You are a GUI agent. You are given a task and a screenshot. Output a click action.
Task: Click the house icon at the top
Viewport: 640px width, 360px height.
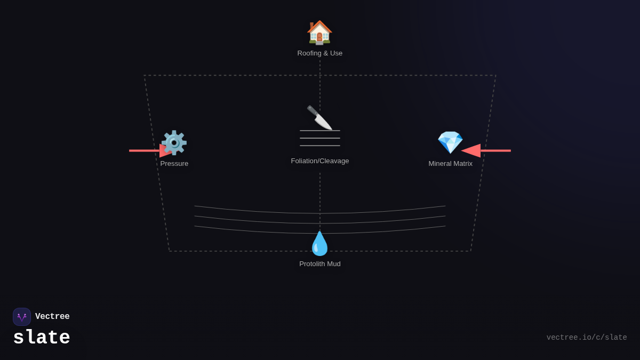(319, 33)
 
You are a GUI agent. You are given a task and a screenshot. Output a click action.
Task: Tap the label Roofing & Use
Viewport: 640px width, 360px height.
(319, 53)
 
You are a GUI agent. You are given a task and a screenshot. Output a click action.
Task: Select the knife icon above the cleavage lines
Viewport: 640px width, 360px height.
(319, 117)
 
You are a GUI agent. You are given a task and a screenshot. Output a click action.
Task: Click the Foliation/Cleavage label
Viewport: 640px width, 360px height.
(319, 161)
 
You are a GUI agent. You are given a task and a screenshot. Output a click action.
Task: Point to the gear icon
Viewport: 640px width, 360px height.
(174, 142)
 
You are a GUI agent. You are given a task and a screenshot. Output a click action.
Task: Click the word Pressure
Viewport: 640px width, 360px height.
(174, 163)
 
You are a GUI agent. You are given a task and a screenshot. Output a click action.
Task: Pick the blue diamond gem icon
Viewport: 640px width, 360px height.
(450, 142)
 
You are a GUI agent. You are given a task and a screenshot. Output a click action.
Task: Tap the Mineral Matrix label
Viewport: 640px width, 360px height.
(450, 163)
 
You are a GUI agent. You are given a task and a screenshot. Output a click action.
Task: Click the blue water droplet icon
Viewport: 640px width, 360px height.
(319, 244)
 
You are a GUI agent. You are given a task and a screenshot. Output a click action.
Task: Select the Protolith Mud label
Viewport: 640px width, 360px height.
(319, 263)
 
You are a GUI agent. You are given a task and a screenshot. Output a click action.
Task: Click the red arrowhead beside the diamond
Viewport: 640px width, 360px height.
(471, 150)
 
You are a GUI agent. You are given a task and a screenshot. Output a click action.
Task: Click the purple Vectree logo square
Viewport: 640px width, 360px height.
(22, 317)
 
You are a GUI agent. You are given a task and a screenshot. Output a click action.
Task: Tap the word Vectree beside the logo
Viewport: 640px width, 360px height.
(52, 316)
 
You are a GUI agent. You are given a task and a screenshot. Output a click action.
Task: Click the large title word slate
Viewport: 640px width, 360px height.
(42, 337)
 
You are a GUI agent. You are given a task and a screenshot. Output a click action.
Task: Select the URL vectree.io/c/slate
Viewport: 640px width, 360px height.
(587, 338)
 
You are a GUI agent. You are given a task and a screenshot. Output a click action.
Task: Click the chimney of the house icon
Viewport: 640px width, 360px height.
(311, 26)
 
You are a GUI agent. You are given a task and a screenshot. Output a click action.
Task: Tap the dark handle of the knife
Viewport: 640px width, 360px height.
(313, 110)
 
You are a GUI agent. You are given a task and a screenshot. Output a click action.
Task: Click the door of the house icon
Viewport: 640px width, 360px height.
(319, 37)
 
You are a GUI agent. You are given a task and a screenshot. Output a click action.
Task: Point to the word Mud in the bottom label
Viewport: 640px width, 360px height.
(333, 263)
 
